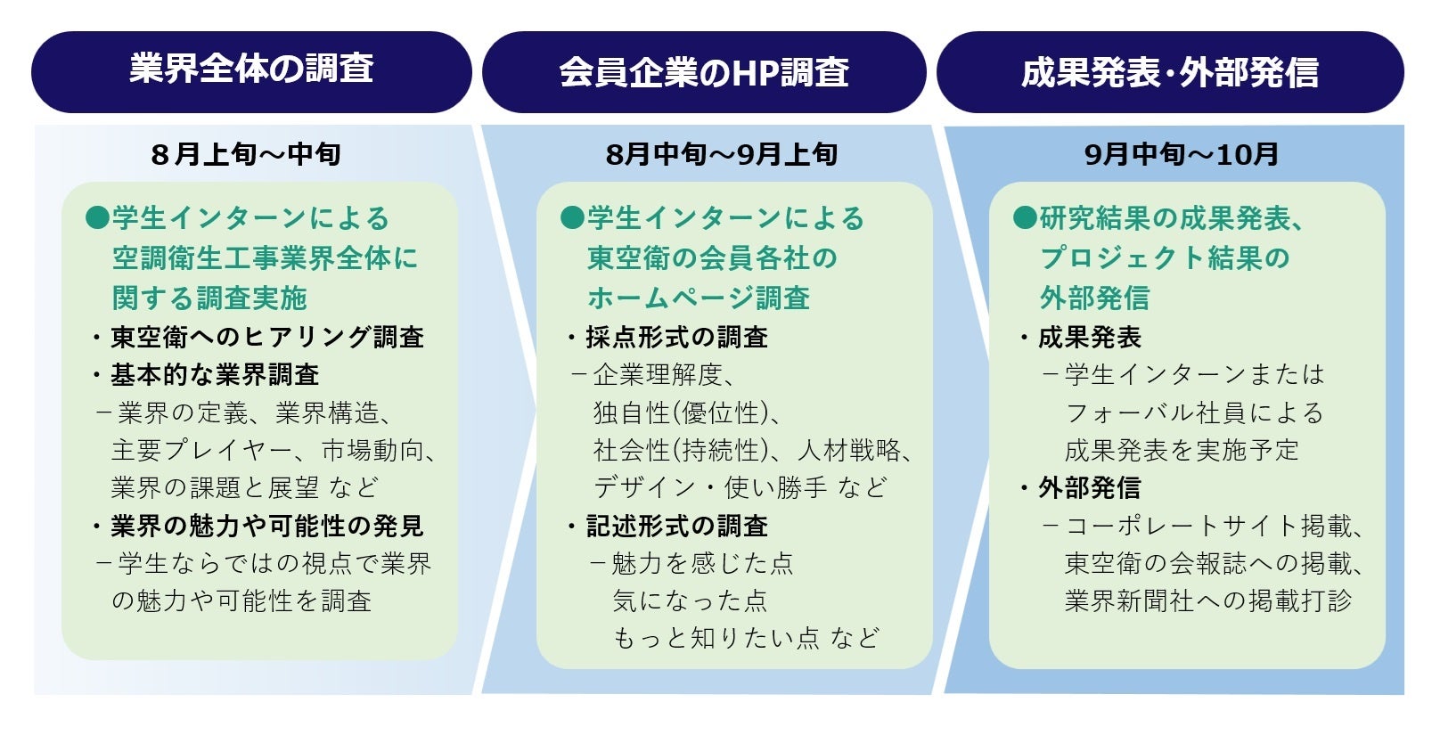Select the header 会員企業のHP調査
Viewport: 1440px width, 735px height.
click(x=704, y=72)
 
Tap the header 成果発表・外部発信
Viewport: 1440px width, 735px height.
click(x=1170, y=72)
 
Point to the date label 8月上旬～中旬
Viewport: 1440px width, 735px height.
click(x=246, y=154)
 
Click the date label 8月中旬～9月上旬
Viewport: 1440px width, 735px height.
click(x=721, y=154)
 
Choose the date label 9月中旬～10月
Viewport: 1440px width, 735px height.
click(x=1181, y=154)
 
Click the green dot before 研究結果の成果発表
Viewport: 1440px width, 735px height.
click(x=1026, y=217)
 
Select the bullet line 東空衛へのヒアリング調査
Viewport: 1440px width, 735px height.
click(x=258, y=338)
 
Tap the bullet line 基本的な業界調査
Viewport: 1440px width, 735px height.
click(x=206, y=375)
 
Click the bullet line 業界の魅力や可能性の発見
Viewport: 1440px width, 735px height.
click(x=258, y=527)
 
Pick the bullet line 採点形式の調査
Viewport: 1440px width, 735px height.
click(x=668, y=338)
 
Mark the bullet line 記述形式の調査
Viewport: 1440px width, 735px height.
click(x=668, y=527)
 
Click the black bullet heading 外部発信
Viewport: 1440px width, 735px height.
click(x=1081, y=488)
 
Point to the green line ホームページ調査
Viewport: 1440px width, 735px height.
click(x=698, y=298)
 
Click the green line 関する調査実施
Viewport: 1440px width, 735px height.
click(x=209, y=298)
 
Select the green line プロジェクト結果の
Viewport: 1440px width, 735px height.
click(x=1165, y=258)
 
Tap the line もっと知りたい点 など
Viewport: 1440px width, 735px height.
click(x=747, y=638)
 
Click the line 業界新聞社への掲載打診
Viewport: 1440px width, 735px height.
click(x=1208, y=600)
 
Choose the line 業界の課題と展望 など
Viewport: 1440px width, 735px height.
click(x=245, y=487)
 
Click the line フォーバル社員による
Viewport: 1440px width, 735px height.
click(x=1194, y=412)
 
